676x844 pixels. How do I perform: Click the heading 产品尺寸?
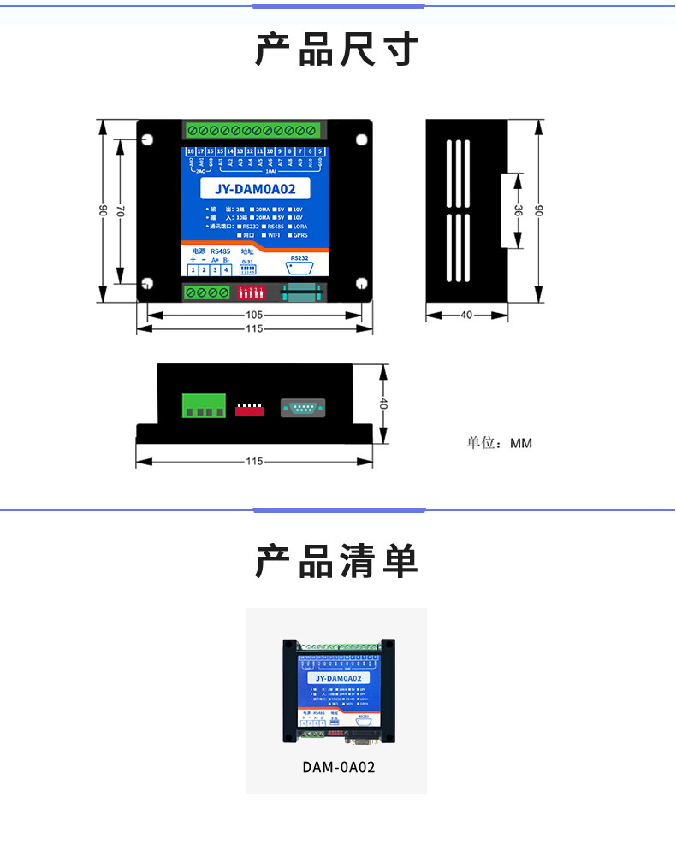336,50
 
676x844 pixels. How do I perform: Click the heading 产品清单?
336,562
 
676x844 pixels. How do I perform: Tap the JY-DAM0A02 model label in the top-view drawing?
255,190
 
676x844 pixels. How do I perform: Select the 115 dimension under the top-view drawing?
254,329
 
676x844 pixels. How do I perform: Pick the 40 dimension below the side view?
466,315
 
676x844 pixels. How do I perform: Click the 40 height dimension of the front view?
384,404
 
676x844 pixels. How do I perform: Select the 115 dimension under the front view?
254,462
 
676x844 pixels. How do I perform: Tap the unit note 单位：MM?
499,443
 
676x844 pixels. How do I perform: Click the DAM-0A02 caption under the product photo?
338,767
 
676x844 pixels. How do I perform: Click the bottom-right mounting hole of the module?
362,285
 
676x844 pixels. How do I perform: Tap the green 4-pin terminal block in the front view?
204,405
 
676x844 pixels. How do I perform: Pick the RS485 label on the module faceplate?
220,251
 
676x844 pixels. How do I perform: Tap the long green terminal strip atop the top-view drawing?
254,131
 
